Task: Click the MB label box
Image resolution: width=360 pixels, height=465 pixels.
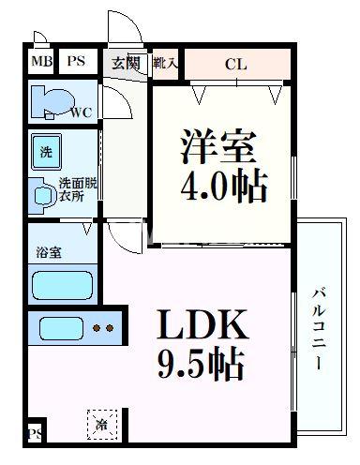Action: pos(41,63)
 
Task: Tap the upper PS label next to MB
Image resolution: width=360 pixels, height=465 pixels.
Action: pos(75,63)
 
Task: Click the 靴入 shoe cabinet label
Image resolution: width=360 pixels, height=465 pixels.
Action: pos(168,63)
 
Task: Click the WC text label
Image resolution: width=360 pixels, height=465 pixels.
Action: pos(81,113)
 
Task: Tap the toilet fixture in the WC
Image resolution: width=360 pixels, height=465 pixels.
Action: pos(47,100)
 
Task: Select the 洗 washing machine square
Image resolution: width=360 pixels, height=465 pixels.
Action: pos(45,151)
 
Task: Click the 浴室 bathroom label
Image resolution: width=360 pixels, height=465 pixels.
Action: pos(48,252)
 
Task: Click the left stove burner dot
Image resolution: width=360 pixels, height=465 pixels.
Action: pos(97,329)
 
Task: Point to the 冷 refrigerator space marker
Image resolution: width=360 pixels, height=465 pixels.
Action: pos(101,425)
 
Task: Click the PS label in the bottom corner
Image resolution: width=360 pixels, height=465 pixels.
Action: pos(36,433)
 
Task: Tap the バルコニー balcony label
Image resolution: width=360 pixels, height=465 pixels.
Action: pos(318,328)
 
